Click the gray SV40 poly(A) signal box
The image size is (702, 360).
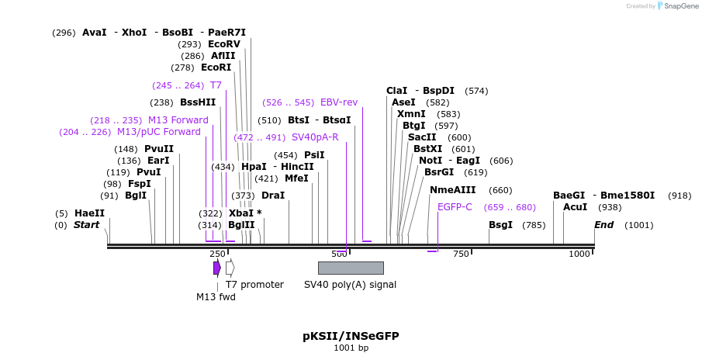pyautogui.click(x=351, y=268)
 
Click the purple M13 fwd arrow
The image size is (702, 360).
pyautogui.click(x=217, y=268)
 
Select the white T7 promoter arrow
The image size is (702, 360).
pyautogui.click(x=230, y=268)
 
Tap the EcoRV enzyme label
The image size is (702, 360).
pyautogui.click(x=224, y=44)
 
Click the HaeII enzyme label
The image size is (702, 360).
pyautogui.click(x=89, y=213)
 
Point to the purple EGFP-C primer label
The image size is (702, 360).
pyautogui.click(x=455, y=207)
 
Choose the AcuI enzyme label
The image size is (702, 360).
pyautogui.click(x=575, y=207)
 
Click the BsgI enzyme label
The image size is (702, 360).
pyautogui.click(x=500, y=225)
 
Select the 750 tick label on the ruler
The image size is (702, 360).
pyautogui.click(x=461, y=254)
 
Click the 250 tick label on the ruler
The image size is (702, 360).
pyautogui.click(x=217, y=254)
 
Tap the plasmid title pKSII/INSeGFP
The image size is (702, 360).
pyautogui.click(x=351, y=336)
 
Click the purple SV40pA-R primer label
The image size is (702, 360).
pyautogui.click(x=315, y=137)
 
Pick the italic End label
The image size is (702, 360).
pyautogui.click(x=604, y=225)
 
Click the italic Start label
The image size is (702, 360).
pyautogui.click(x=87, y=225)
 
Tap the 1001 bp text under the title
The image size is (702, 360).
pyautogui.click(x=351, y=348)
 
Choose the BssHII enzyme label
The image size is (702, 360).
pyautogui.click(x=198, y=102)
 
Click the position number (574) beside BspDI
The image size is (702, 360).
pyautogui.click(x=476, y=91)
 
